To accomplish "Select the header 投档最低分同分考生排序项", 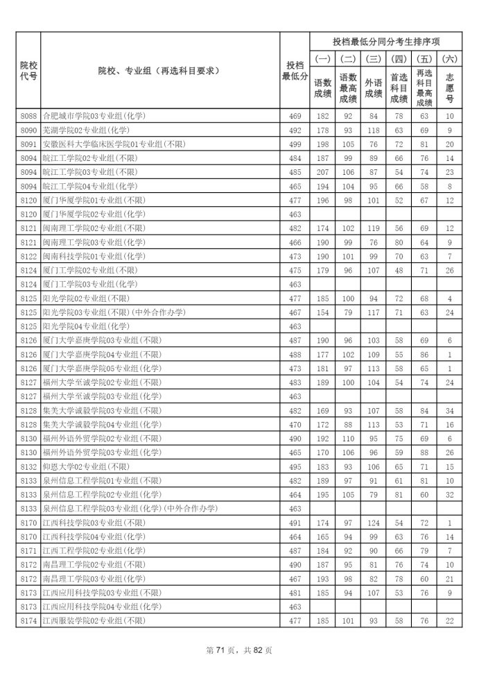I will pyautogui.click(x=387, y=41).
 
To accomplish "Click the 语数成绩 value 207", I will pyautogui.click(x=323, y=172).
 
